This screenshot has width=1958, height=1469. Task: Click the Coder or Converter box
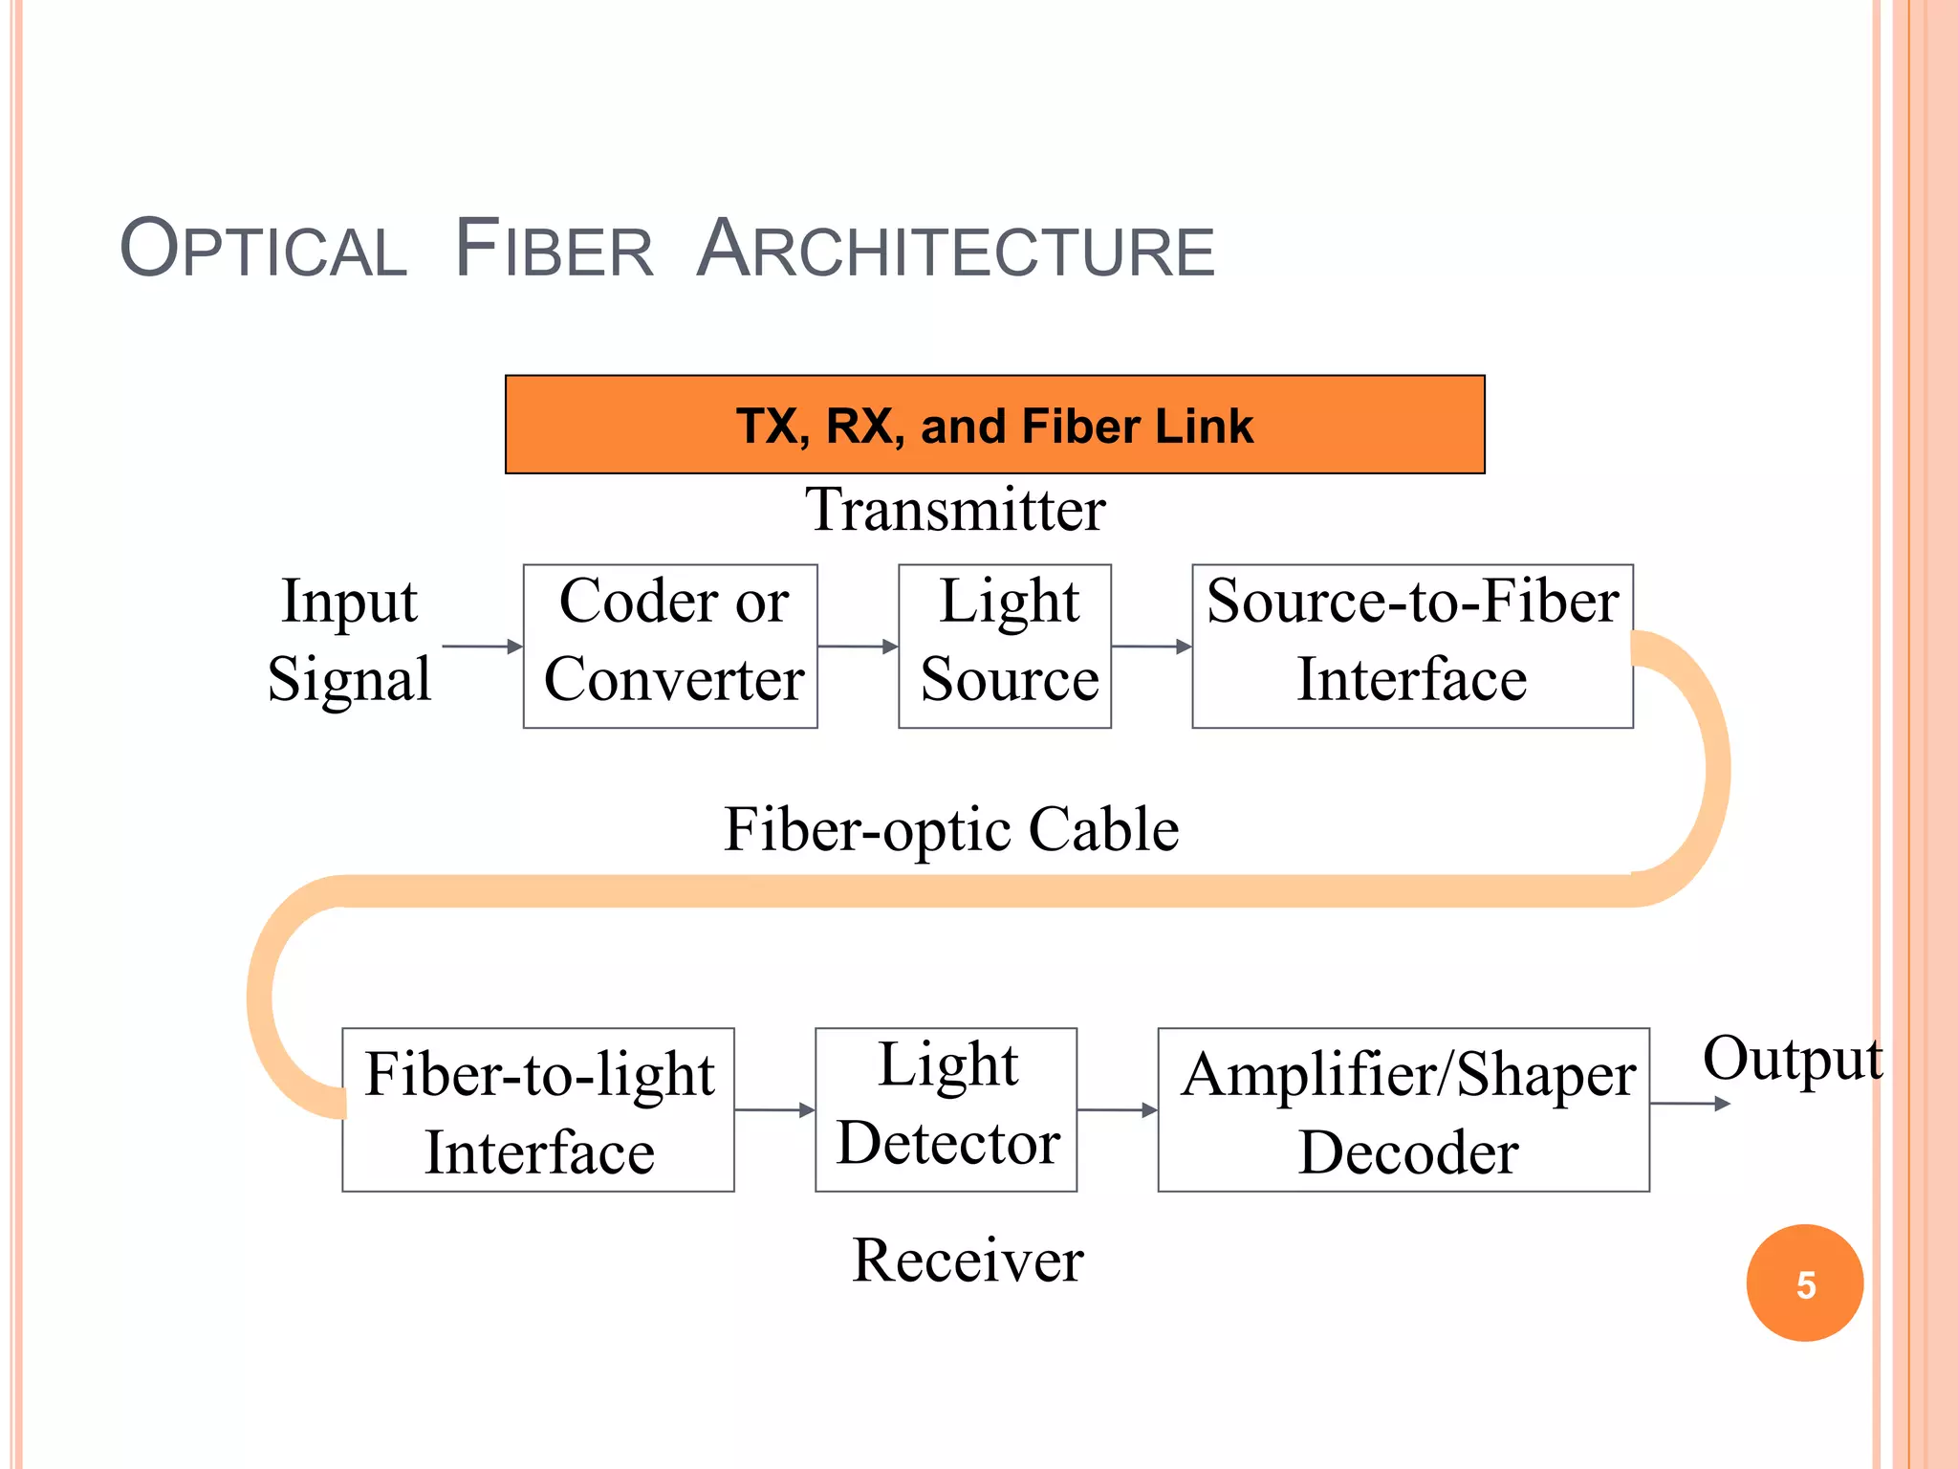click(670, 646)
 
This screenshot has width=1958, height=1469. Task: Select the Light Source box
click(1004, 646)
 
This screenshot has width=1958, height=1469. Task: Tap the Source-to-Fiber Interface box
click(1411, 646)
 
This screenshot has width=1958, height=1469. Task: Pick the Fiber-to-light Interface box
click(538, 1109)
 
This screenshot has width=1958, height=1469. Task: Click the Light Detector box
click(946, 1109)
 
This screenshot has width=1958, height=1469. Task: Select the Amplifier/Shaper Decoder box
click(1403, 1109)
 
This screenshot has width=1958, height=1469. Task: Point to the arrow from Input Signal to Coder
click(482, 647)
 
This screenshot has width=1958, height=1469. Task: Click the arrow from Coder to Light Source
click(858, 647)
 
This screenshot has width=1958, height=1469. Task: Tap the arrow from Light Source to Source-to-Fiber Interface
click(1151, 647)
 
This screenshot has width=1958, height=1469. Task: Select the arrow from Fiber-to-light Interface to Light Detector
click(774, 1109)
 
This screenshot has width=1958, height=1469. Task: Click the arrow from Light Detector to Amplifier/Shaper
click(1117, 1109)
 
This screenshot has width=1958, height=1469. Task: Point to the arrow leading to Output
click(1689, 1104)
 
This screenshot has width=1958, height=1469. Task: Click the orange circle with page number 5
click(1804, 1283)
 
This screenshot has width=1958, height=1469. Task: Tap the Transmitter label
click(955, 509)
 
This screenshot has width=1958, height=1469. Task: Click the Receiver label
click(968, 1260)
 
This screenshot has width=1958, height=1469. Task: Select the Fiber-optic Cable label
click(951, 828)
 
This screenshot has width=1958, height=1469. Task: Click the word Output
click(1792, 1059)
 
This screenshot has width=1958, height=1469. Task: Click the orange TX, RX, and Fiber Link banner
click(994, 425)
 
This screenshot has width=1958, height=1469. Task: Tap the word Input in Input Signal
click(349, 602)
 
